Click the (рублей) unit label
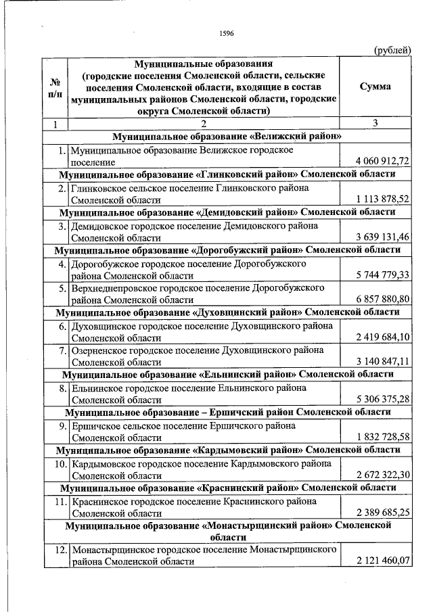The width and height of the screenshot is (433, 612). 392,49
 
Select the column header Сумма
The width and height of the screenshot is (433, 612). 375,87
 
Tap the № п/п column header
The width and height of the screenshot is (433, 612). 55,87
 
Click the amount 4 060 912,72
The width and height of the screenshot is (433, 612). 383,162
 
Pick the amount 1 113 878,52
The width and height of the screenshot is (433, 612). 383,199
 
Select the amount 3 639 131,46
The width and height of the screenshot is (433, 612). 383,237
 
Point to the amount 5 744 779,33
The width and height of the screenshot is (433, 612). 383,275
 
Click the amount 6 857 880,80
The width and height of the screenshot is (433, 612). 383,300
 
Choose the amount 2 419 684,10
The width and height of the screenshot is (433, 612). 383,337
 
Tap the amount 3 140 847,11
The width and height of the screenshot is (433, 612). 383,362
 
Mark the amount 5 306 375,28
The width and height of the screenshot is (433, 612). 383,399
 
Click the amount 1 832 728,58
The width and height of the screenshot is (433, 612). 383,437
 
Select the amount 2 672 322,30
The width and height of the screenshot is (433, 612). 383,475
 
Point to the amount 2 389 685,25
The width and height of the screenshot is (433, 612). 383,513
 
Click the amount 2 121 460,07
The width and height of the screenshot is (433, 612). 383,561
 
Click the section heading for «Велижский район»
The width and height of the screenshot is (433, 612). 227,136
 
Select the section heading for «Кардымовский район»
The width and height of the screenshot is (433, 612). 227,450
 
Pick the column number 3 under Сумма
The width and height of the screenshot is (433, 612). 375,123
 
